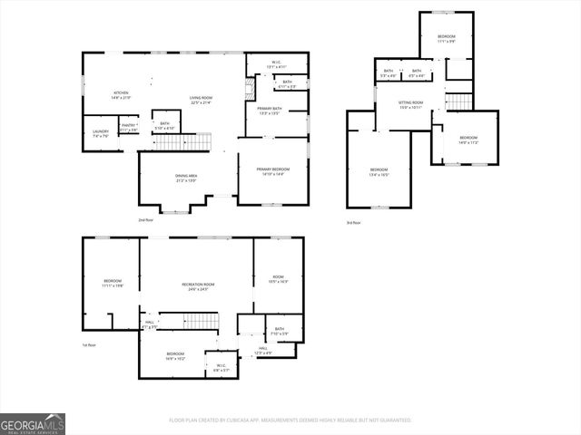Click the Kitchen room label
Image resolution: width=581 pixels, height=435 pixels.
pyautogui.click(x=120, y=94)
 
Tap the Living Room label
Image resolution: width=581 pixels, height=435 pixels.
pyautogui.click(x=201, y=101)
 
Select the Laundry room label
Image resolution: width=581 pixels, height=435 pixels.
pyautogui.click(x=100, y=133)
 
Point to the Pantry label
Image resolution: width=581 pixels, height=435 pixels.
pyautogui.click(x=129, y=128)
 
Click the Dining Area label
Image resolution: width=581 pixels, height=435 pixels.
pyautogui.click(x=186, y=178)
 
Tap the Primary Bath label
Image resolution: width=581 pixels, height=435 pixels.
pyautogui.click(x=268, y=111)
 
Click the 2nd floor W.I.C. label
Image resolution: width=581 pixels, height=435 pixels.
pyautogui.click(x=278, y=64)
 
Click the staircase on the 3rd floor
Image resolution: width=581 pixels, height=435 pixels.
pyautogui.click(x=459, y=101)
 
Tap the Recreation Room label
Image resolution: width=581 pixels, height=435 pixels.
pyautogui.click(x=196, y=287)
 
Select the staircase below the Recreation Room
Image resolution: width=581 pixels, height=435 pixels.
pyautogui.click(x=201, y=322)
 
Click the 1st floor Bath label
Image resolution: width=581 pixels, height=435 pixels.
pyautogui.click(x=280, y=331)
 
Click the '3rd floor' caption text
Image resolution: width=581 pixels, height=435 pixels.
pyautogui.click(x=353, y=223)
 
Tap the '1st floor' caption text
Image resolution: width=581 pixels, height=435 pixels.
pyautogui.click(x=89, y=344)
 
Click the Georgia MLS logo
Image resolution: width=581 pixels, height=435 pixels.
pyautogui.click(x=33, y=423)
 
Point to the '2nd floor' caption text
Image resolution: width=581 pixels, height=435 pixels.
pyautogui.click(x=145, y=220)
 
